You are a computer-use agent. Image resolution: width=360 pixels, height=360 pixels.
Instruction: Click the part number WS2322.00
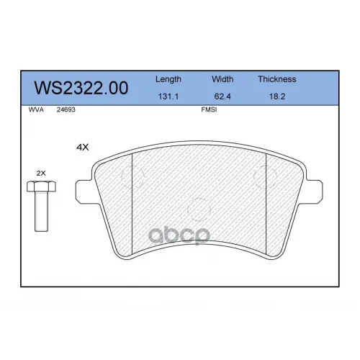coord(81,88)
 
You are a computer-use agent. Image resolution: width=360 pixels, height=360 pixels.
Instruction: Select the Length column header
coord(168,79)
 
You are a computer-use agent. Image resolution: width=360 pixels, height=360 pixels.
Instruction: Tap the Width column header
coord(222,79)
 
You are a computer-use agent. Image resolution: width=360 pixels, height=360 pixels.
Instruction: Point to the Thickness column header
coord(277,79)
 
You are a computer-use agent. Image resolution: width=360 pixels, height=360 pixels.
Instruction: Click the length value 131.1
coord(168,96)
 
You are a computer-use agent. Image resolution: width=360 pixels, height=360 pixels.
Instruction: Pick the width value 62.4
coord(222,96)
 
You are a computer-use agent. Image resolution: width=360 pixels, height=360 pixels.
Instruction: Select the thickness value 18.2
coord(277,96)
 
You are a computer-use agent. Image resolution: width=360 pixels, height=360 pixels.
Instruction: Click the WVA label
coord(36,109)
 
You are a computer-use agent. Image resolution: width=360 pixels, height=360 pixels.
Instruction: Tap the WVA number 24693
coord(66,109)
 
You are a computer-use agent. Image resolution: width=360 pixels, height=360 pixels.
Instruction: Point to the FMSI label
coord(209,109)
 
